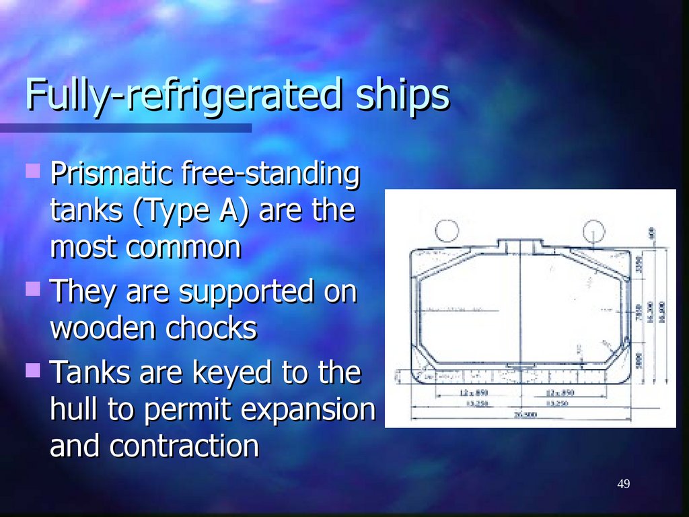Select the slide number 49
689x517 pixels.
pos(623,485)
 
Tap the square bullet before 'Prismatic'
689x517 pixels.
pos(32,171)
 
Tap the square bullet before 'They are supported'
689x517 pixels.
pos(32,289)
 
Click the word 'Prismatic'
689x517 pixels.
pos(112,175)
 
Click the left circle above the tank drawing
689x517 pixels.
pos(445,231)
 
